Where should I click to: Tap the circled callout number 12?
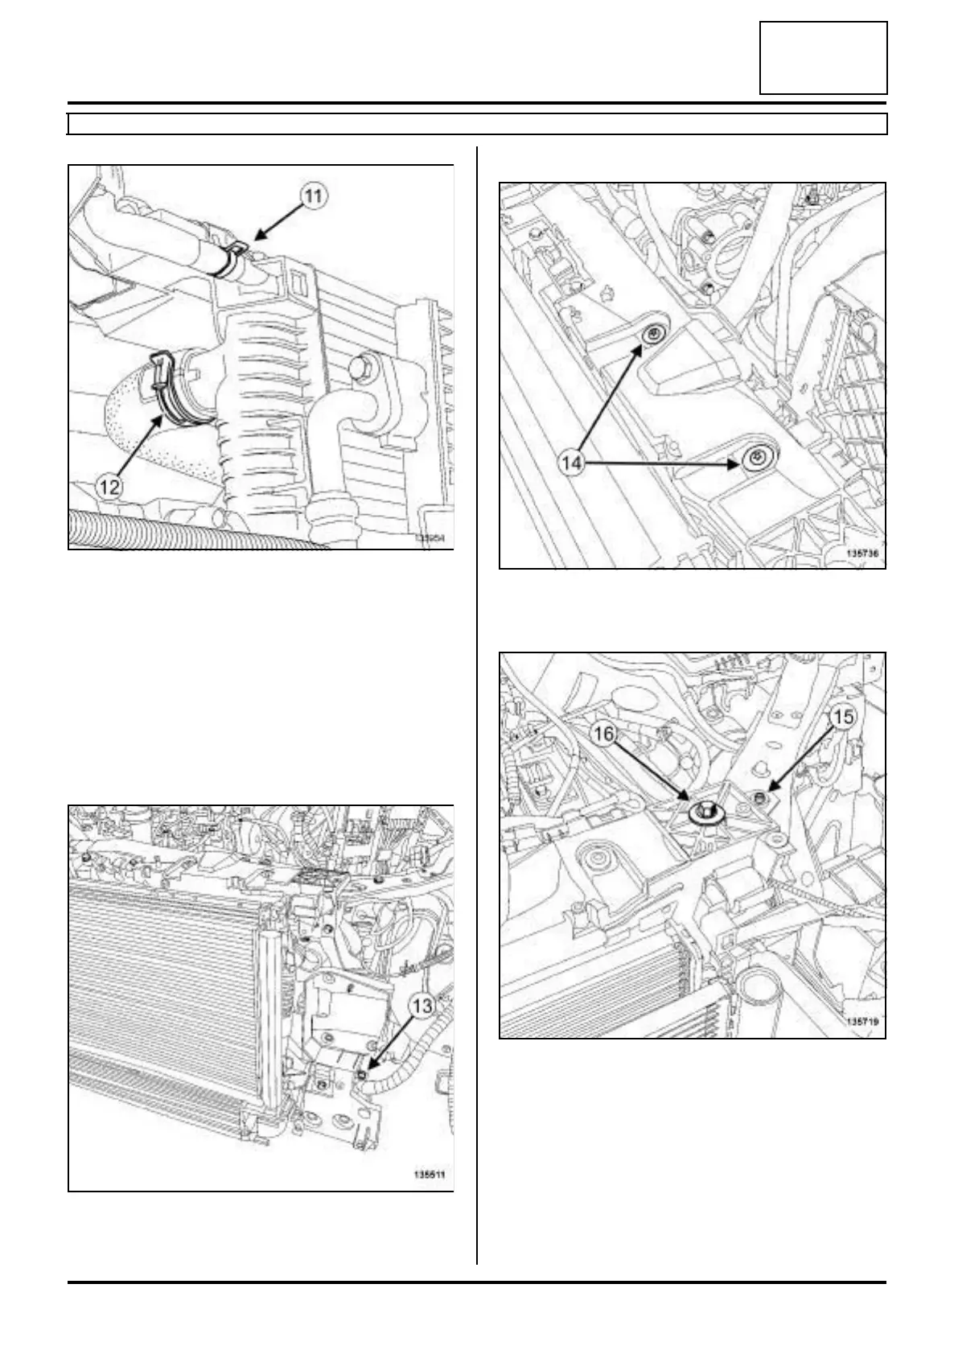tap(109, 485)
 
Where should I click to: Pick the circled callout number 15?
tap(841, 717)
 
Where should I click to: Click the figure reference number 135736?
tap(861, 554)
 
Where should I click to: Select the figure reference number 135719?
tap(861, 1022)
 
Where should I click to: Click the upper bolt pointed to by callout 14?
tap(654, 335)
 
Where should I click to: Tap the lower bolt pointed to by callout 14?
tap(757, 457)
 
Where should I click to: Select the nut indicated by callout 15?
tap(760, 798)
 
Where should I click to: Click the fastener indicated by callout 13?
tap(363, 1074)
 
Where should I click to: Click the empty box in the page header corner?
tap(823, 58)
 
